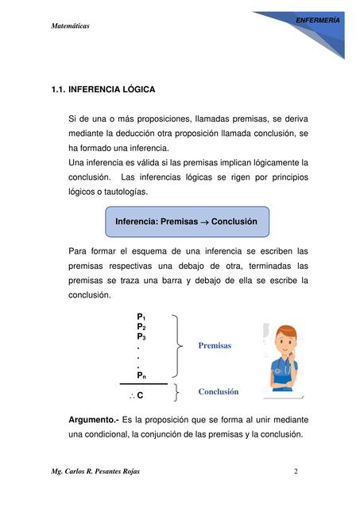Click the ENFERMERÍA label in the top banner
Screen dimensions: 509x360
coord(317,17)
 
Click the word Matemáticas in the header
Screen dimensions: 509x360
coord(70,26)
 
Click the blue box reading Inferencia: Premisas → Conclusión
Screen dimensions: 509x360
coord(187,221)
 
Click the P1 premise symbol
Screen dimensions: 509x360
coord(141,317)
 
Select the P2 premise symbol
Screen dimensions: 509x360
coord(141,327)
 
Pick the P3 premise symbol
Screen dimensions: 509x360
coord(141,337)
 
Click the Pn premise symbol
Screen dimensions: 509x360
coord(141,374)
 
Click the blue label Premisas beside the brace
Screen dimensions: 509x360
coord(215,346)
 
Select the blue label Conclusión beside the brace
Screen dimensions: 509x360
coord(219,392)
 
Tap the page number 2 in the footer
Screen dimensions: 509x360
coord(296,472)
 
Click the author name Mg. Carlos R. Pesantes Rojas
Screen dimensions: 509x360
coord(95,472)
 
